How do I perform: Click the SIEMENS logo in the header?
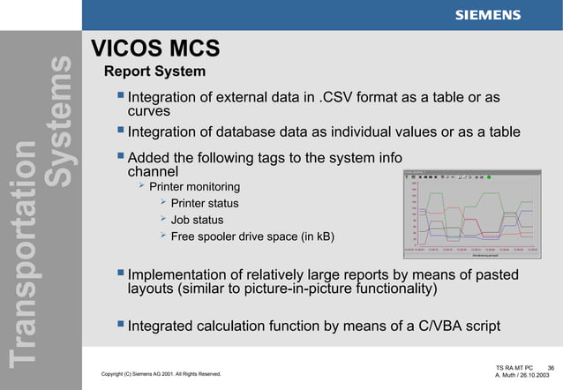pyautogui.click(x=487, y=15)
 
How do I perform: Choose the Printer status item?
pyautogui.click(x=204, y=204)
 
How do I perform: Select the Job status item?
pyautogui.click(x=197, y=220)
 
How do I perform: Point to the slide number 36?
pyautogui.click(x=551, y=366)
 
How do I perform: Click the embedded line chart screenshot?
pyautogui.click(x=472, y=213)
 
